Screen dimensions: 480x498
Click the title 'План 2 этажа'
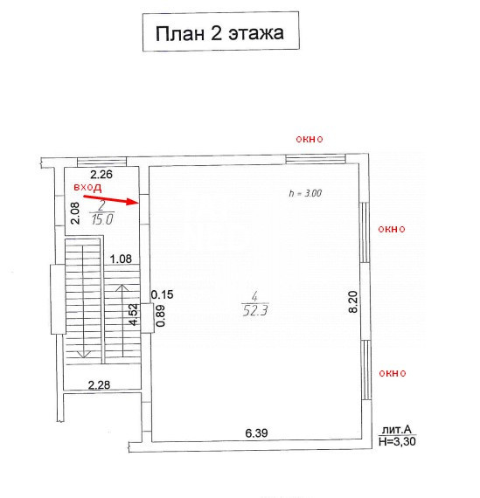tap(219, 33)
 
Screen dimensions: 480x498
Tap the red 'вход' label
tap(87, 187)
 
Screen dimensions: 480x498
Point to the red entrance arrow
tap(110, 199)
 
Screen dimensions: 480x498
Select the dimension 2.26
tap(101, 175)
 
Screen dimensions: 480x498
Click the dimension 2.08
tap(75, 213)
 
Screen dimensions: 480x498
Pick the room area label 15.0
tap(102, 219)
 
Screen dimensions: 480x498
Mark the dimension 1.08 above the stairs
tap(121, 259)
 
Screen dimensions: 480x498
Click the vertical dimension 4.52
tap(134, 315)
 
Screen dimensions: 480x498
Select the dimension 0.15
tap(162, 294)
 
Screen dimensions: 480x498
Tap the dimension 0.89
tap(161, 315)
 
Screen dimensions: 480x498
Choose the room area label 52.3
tap(255, 310)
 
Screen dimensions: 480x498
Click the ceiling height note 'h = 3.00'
tap(305, 193)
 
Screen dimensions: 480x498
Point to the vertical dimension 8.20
tap(353, 302)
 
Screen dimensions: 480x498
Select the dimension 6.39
tap(256, 432)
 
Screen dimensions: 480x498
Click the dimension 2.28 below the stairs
tap(99, 385)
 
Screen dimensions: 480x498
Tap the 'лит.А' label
tap(397, 430)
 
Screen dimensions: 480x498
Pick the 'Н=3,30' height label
tap(397, 441)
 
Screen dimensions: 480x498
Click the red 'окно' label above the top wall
tap(310, 139)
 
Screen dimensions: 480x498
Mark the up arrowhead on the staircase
tap(122, 287)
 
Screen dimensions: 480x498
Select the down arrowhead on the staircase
tap(83, 355)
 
